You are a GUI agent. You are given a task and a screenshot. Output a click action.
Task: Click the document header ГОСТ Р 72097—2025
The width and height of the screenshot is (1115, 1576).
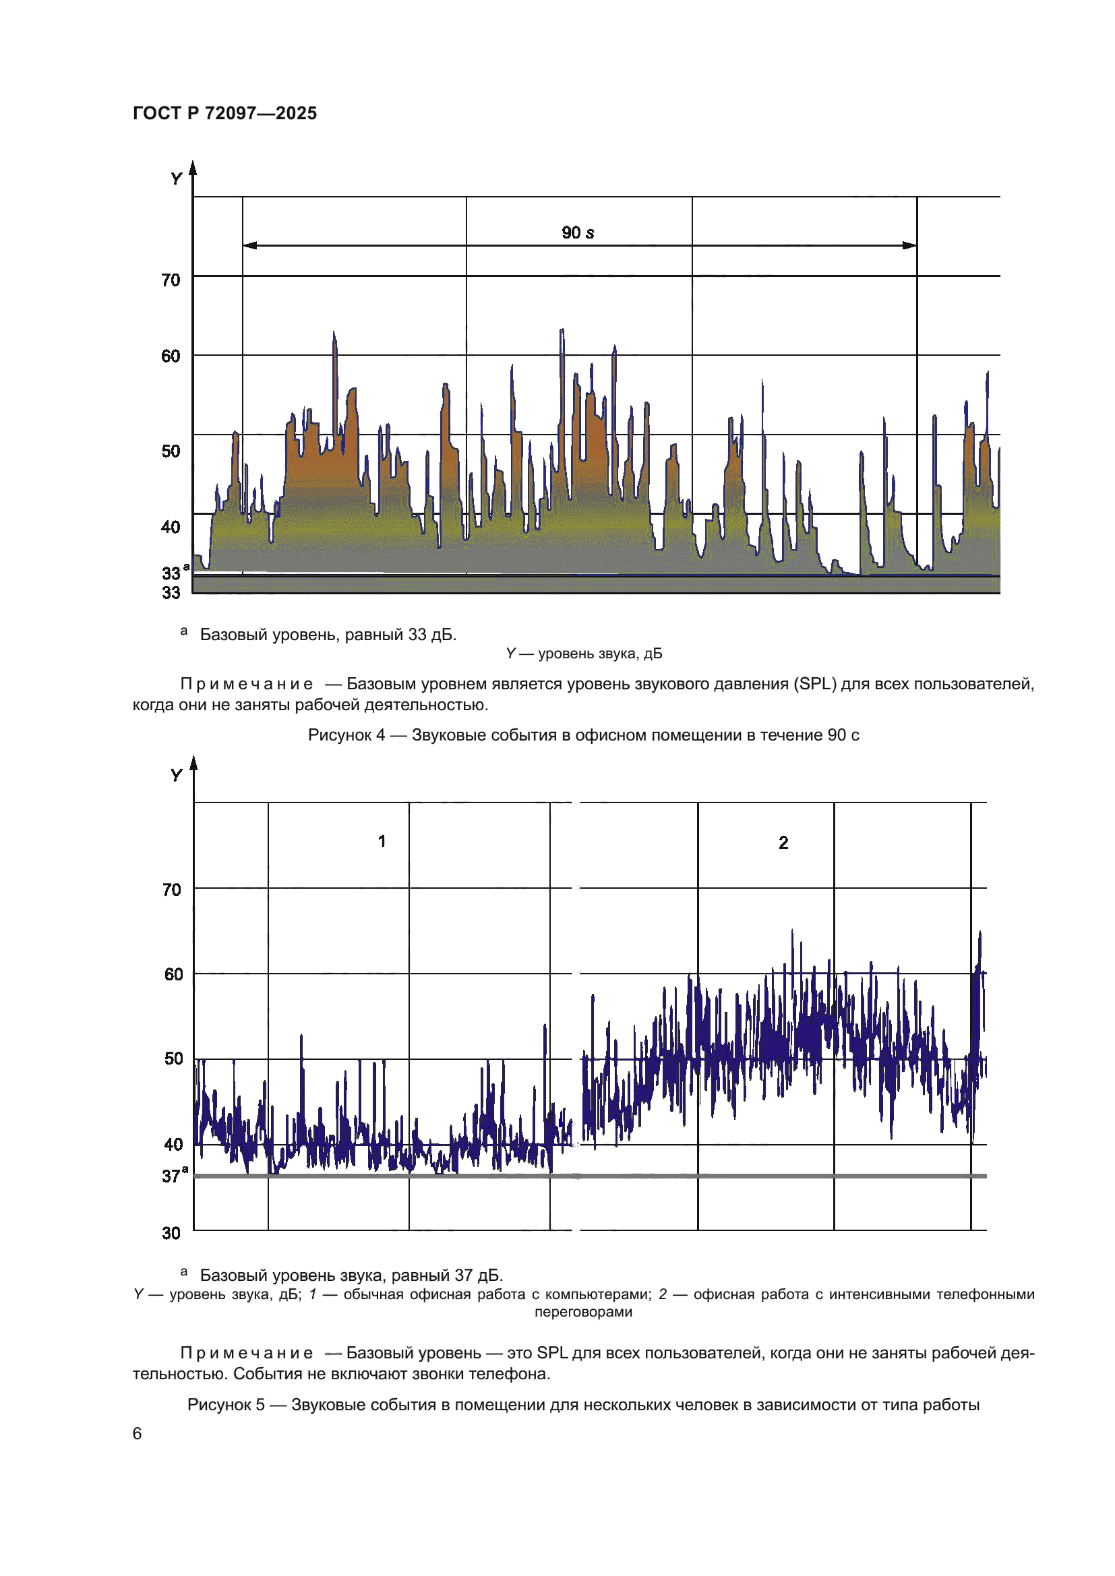(x=224, y=113)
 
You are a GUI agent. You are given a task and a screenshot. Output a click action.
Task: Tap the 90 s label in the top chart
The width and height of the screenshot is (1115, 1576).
(x=578, y=232)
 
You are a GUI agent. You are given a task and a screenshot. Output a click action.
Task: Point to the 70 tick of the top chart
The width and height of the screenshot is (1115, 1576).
(x=171, y=280)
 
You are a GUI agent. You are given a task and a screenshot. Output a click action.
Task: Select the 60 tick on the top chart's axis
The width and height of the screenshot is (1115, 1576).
(x=171, y=356)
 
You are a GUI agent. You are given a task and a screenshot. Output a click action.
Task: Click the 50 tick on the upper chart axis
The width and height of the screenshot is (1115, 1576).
(x=171, y=451)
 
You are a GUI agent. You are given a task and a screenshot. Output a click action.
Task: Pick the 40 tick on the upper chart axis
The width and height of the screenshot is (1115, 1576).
(x=171, y=527)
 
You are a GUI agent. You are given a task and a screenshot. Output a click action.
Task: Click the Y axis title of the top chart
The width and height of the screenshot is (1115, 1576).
(x=177, y=179)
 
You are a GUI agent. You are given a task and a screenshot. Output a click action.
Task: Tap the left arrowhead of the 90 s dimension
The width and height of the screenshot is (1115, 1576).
(x=250, y=245)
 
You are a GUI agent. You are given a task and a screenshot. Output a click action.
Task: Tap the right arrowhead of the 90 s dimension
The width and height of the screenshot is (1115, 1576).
(x=909, y=245)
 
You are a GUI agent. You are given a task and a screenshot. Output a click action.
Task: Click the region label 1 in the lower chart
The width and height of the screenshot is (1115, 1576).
(x=382, y=841)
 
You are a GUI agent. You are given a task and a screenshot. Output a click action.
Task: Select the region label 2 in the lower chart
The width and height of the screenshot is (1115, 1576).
(x=783, y=843)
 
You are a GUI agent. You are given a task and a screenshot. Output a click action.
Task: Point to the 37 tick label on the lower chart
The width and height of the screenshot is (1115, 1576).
(x=172, y=1176)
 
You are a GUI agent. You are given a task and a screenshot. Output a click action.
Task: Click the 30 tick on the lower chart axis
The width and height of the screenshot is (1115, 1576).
(x=172, y=1234)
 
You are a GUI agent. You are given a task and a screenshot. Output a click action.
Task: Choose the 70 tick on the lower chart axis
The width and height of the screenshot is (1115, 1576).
(x=172, y=890)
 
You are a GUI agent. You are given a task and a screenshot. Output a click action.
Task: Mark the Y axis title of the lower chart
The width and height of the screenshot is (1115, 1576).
(x=177, y=776)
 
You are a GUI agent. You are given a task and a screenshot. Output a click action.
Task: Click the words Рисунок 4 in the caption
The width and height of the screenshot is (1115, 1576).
(x=346, y=735)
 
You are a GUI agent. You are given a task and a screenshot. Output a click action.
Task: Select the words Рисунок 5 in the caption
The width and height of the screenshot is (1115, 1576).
(x=226, y=1404)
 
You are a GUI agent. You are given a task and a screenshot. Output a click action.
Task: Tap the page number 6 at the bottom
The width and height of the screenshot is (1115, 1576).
(x=138, y=1433)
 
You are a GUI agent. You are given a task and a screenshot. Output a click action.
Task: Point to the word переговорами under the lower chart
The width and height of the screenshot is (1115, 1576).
(x=583, y=1312)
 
